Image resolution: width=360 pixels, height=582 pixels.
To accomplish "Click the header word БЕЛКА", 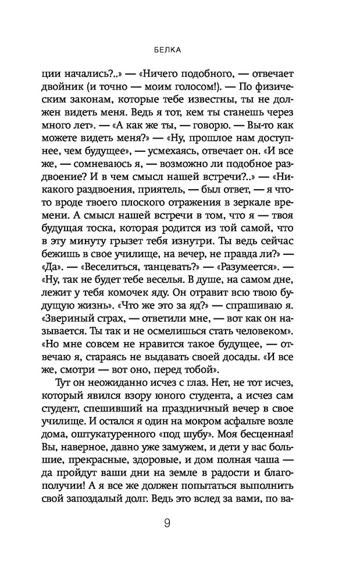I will (x=180, y=49).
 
